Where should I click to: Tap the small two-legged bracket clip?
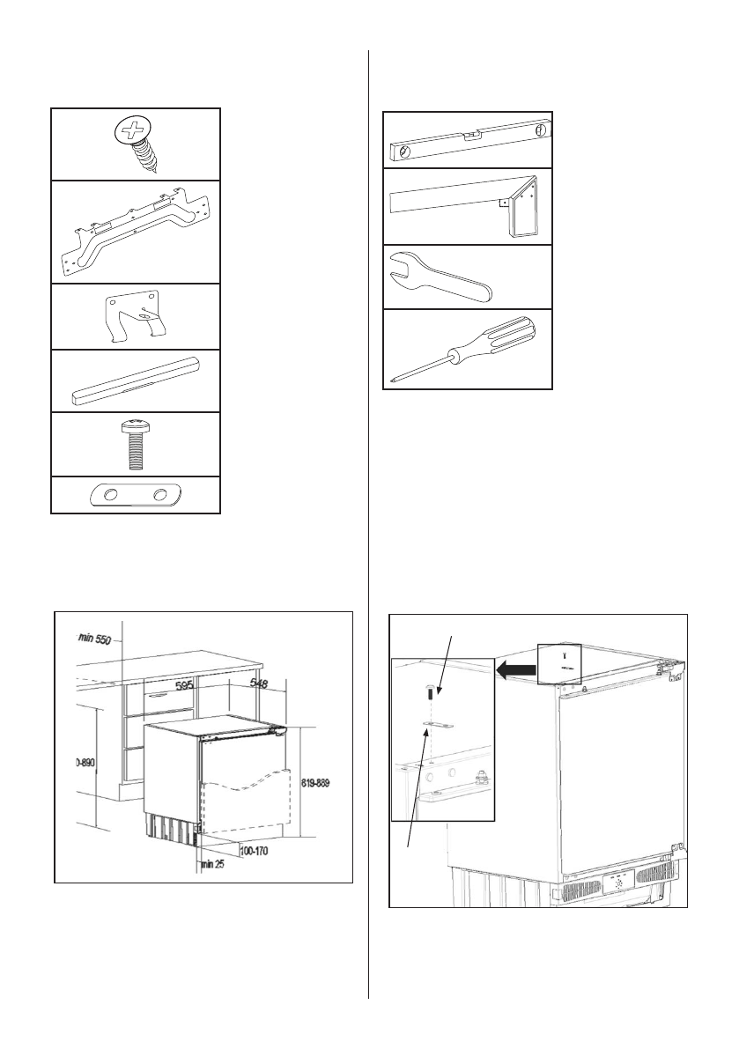click(135, 316)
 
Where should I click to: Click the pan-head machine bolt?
click(133, 444)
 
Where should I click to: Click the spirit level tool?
click(467, 141)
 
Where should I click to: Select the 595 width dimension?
click(185, 683)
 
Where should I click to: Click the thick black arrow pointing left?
click(516, 672)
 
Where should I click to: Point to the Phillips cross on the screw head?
click(135, 132)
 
